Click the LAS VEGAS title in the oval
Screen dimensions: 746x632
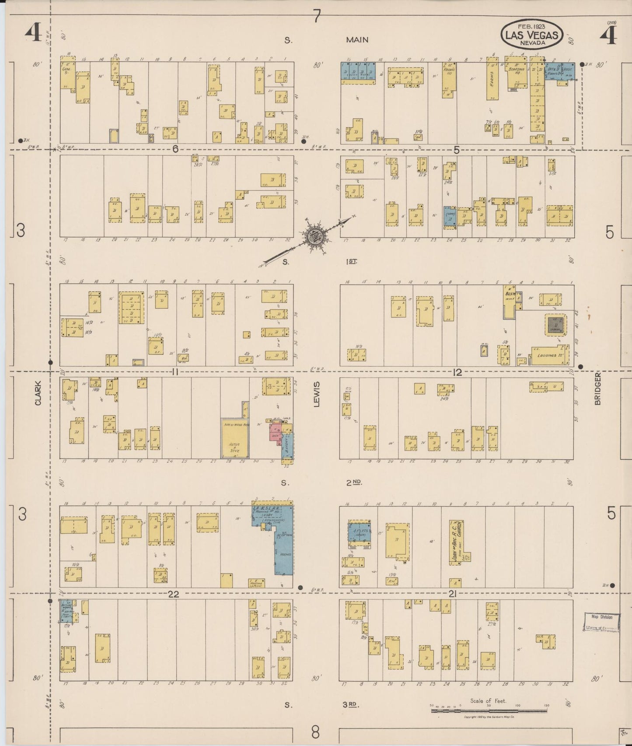click(x=531, y=35)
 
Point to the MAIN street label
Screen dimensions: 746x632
click(x=357, y=40)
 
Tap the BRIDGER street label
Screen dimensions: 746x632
click(x=597, y=389)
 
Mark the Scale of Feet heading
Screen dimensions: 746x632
click(x=488, y=700)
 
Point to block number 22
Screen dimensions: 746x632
click(x=174, y=594)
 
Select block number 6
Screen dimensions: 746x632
click(x=175, y=149)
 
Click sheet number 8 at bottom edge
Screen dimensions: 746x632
click(x=315, y=731)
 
